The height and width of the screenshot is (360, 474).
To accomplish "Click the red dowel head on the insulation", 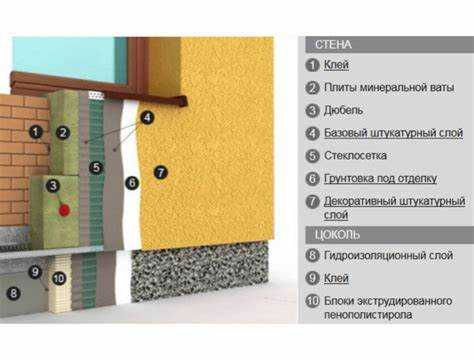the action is pos(64,210).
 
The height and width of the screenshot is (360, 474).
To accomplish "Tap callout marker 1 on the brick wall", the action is pos(36,132).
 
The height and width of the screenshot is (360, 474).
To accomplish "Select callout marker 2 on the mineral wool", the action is pos(63,133).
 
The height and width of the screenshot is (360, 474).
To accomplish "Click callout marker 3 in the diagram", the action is pos(53,186).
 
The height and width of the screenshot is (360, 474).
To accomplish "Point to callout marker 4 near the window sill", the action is pos(147,117).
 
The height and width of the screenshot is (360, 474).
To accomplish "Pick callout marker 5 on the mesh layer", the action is pos(96,167).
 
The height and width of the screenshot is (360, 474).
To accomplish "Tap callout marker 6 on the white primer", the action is pos(132,183).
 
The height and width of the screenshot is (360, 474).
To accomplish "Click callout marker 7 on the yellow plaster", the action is pos(160,172).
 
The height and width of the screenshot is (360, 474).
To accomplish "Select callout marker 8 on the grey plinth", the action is pos(13,293).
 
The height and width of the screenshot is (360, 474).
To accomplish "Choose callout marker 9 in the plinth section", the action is pos(35,272).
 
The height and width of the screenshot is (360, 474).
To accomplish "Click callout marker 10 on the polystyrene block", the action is pos(59,278).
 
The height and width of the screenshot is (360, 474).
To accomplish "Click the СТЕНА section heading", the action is pos(333,45).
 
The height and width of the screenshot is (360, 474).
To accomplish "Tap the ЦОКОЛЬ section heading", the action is pos(337,235).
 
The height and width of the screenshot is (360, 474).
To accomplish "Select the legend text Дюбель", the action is pos(343,110).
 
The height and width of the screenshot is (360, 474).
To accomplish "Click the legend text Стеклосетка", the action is pos(355,156).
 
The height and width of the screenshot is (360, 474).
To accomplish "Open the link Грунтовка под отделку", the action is pos(380,179).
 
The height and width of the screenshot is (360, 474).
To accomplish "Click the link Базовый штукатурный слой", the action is pos(394,133).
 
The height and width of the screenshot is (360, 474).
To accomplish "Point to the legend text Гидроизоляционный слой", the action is pos(388,256).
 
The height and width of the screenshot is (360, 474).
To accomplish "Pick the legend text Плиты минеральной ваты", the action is pos(389,88).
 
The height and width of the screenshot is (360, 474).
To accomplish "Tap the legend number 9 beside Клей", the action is pos(312,278).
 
